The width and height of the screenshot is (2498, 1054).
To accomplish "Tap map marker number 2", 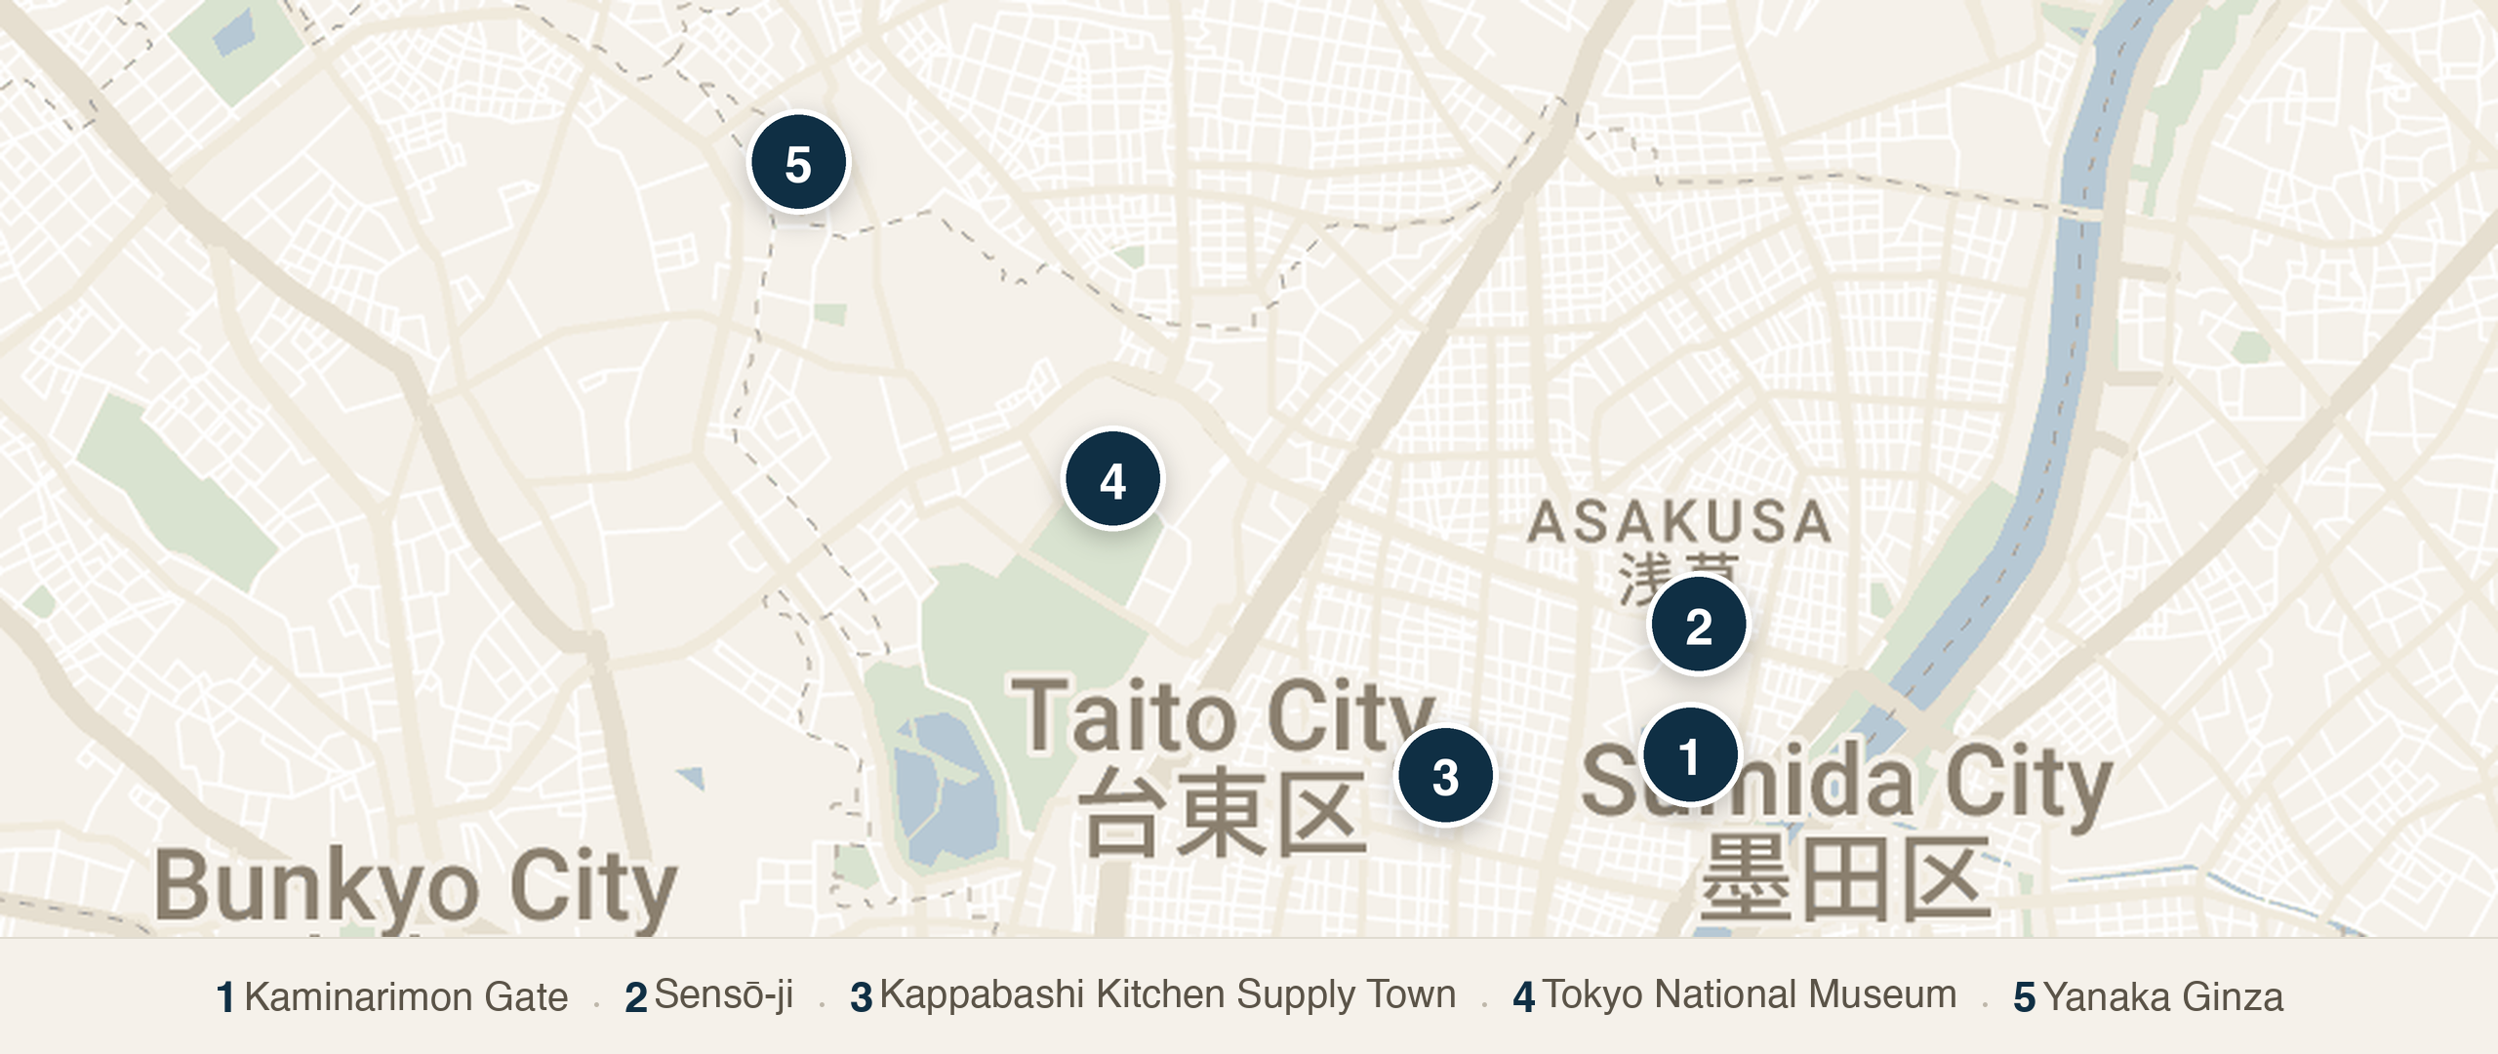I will click(1698, 626).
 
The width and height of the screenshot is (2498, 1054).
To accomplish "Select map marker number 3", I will click(1445, 777).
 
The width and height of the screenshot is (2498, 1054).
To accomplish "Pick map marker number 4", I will click(1112, 480).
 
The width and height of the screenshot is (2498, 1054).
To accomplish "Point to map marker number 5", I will click(798, 163).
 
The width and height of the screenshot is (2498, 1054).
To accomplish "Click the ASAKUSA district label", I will click(1678, 522).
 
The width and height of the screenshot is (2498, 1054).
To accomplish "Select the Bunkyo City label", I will click(416, 886).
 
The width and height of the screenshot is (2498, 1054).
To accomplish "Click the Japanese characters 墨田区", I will click(1844, 879).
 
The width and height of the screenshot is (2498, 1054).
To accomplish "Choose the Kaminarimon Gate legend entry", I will click(405, 997).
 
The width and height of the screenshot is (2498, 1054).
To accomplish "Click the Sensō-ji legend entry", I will click(723, 995).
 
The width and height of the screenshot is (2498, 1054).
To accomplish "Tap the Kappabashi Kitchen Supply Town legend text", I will click(1167, 994).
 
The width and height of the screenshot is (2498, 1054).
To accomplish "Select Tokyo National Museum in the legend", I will click(1749, 994).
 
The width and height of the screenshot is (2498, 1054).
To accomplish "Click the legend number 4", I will click(1523, 997).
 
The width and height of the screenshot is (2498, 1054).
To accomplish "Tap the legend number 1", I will click(225, 998).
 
